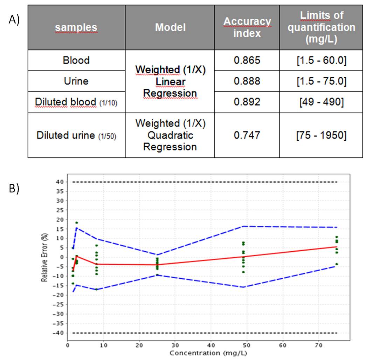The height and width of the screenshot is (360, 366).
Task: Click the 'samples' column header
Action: [x=76, y=27]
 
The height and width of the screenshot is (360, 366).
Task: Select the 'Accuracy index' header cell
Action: [x=247, y=27]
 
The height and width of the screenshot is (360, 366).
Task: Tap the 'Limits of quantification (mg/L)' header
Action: [x=321, y=27]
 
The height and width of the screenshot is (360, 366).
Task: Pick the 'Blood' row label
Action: [x=76, y=60]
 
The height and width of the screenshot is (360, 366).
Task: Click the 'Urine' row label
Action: [x=76, y=81]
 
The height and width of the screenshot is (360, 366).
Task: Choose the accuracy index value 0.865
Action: [x=247, y=60]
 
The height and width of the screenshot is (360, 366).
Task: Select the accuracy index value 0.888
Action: [x=247, y=81]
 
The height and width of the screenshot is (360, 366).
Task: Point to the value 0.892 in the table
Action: [x=247, y=102]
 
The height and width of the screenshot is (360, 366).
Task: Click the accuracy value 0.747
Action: [x=247, y=135]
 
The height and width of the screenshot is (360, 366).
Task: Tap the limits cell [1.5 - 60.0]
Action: [x=321, y=60]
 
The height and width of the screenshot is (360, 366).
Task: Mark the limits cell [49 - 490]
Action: [x=321, y=102]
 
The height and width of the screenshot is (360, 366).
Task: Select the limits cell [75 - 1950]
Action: [x=321, y=135]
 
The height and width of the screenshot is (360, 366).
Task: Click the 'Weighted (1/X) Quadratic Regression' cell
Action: [x=170, y=135]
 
